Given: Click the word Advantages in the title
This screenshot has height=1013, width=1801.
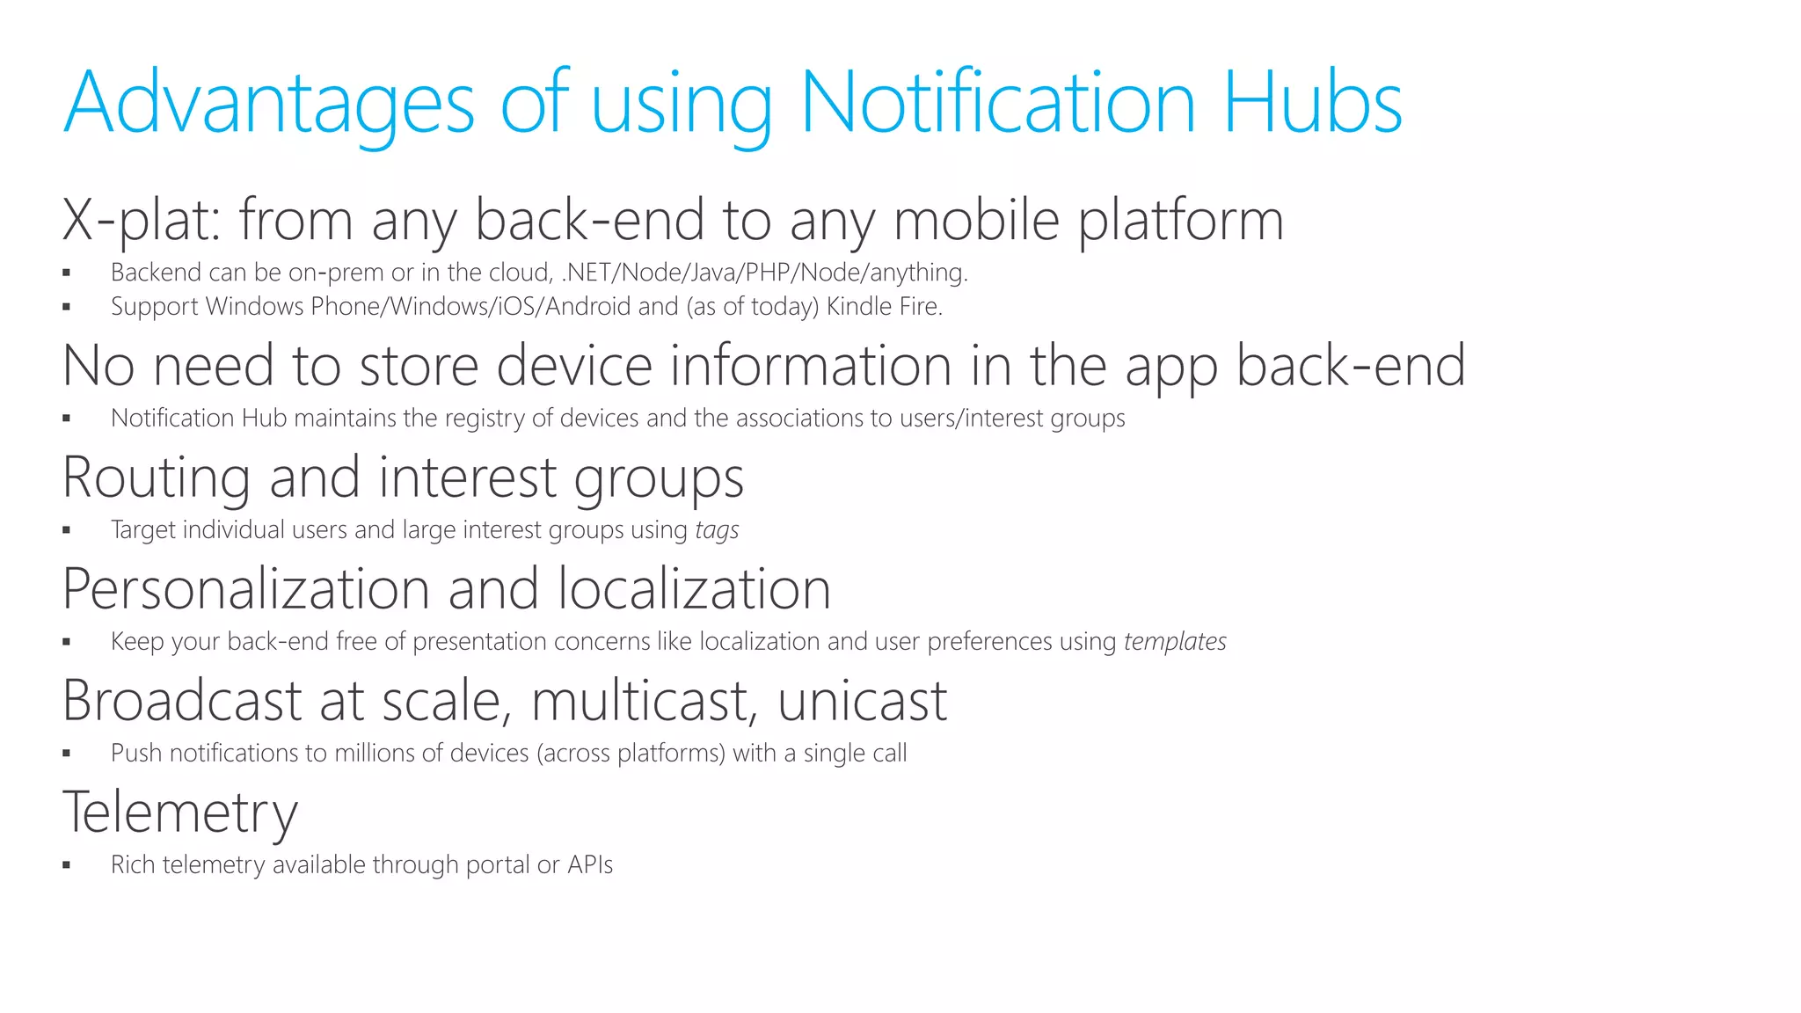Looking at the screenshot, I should (268, 104).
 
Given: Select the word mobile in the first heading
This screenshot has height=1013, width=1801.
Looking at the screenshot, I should (976, 220).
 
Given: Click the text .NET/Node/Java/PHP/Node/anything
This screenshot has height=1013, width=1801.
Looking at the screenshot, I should (763, 273).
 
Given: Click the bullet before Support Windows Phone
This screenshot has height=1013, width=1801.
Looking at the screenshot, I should (67, 308).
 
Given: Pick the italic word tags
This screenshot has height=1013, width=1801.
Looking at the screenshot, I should (717, 530).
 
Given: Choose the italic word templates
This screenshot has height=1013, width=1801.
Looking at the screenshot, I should (1175, 642).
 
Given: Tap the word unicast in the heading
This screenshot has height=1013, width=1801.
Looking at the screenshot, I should (862, 701).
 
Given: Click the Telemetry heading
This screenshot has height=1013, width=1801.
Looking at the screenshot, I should (180, 813).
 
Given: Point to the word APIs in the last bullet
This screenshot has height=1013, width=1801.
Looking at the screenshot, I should (590, 865).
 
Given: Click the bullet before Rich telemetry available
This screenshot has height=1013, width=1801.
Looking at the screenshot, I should (67, 866).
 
